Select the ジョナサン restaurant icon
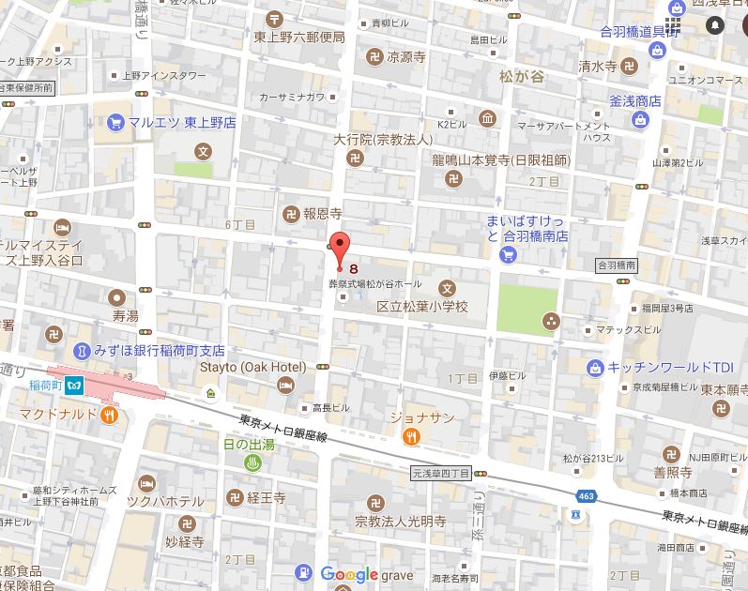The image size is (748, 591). click(x=411, y=436)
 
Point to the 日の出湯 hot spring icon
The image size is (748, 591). click(x=252, y=462)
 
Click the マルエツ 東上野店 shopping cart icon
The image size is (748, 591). click(x=115, y=121)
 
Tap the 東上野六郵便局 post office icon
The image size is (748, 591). click(x=274, y=18)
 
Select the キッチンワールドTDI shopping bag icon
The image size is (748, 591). click(x=594, y=367)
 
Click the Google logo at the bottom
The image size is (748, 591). click(x=349, y=574)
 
